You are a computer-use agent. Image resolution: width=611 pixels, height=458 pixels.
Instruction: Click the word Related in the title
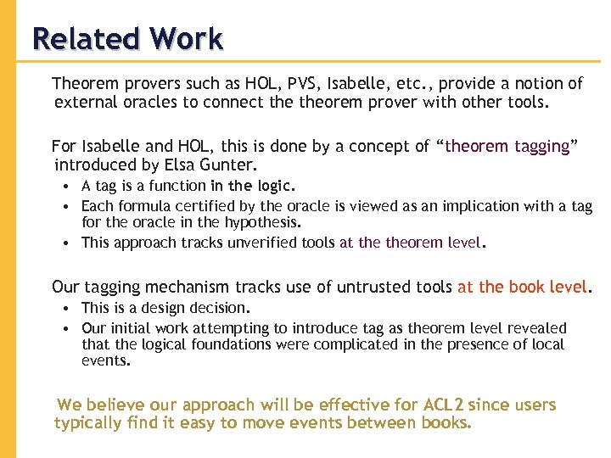click(83, 39)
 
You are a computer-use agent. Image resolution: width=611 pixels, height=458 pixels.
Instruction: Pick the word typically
click(88, 422)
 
